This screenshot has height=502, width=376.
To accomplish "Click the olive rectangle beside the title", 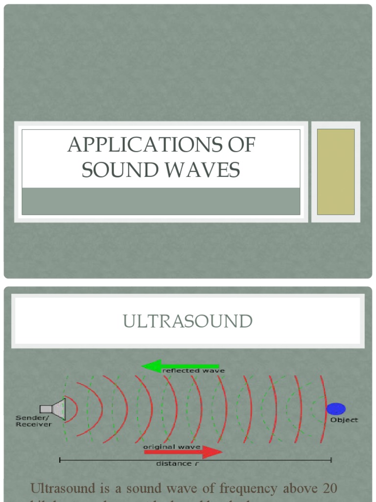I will (x=336, y=172).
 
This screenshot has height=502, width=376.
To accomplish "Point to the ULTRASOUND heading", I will (x=188, y=322).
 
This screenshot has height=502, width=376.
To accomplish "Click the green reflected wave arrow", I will (x=179, y=365).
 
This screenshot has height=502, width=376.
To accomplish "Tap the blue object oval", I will (x=336, y=408).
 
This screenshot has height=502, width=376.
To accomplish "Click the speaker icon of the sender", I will (x=54, y=408).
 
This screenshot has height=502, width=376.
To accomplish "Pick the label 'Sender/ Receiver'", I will (x=34, y=421).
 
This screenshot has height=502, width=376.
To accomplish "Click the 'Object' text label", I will (x=344, y=420).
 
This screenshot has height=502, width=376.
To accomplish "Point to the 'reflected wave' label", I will (x=193, y=371).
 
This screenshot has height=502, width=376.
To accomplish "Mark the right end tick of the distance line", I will (x=331, y=460).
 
